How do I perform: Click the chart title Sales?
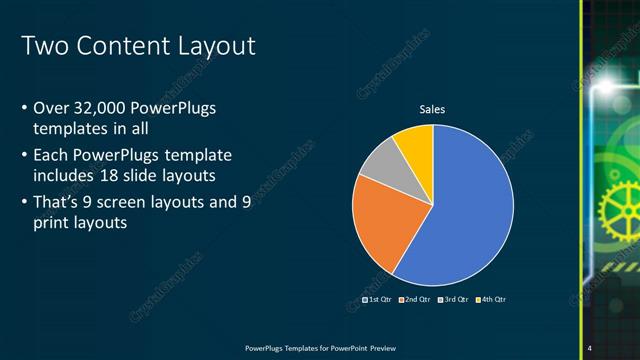(x=432, y=109)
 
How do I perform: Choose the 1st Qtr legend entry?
(x=376, y=300)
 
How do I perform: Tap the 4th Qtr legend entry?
(x=491, y=300)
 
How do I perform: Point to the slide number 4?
(x=589, y=348)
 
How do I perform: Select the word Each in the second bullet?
(x=51, y=156)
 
